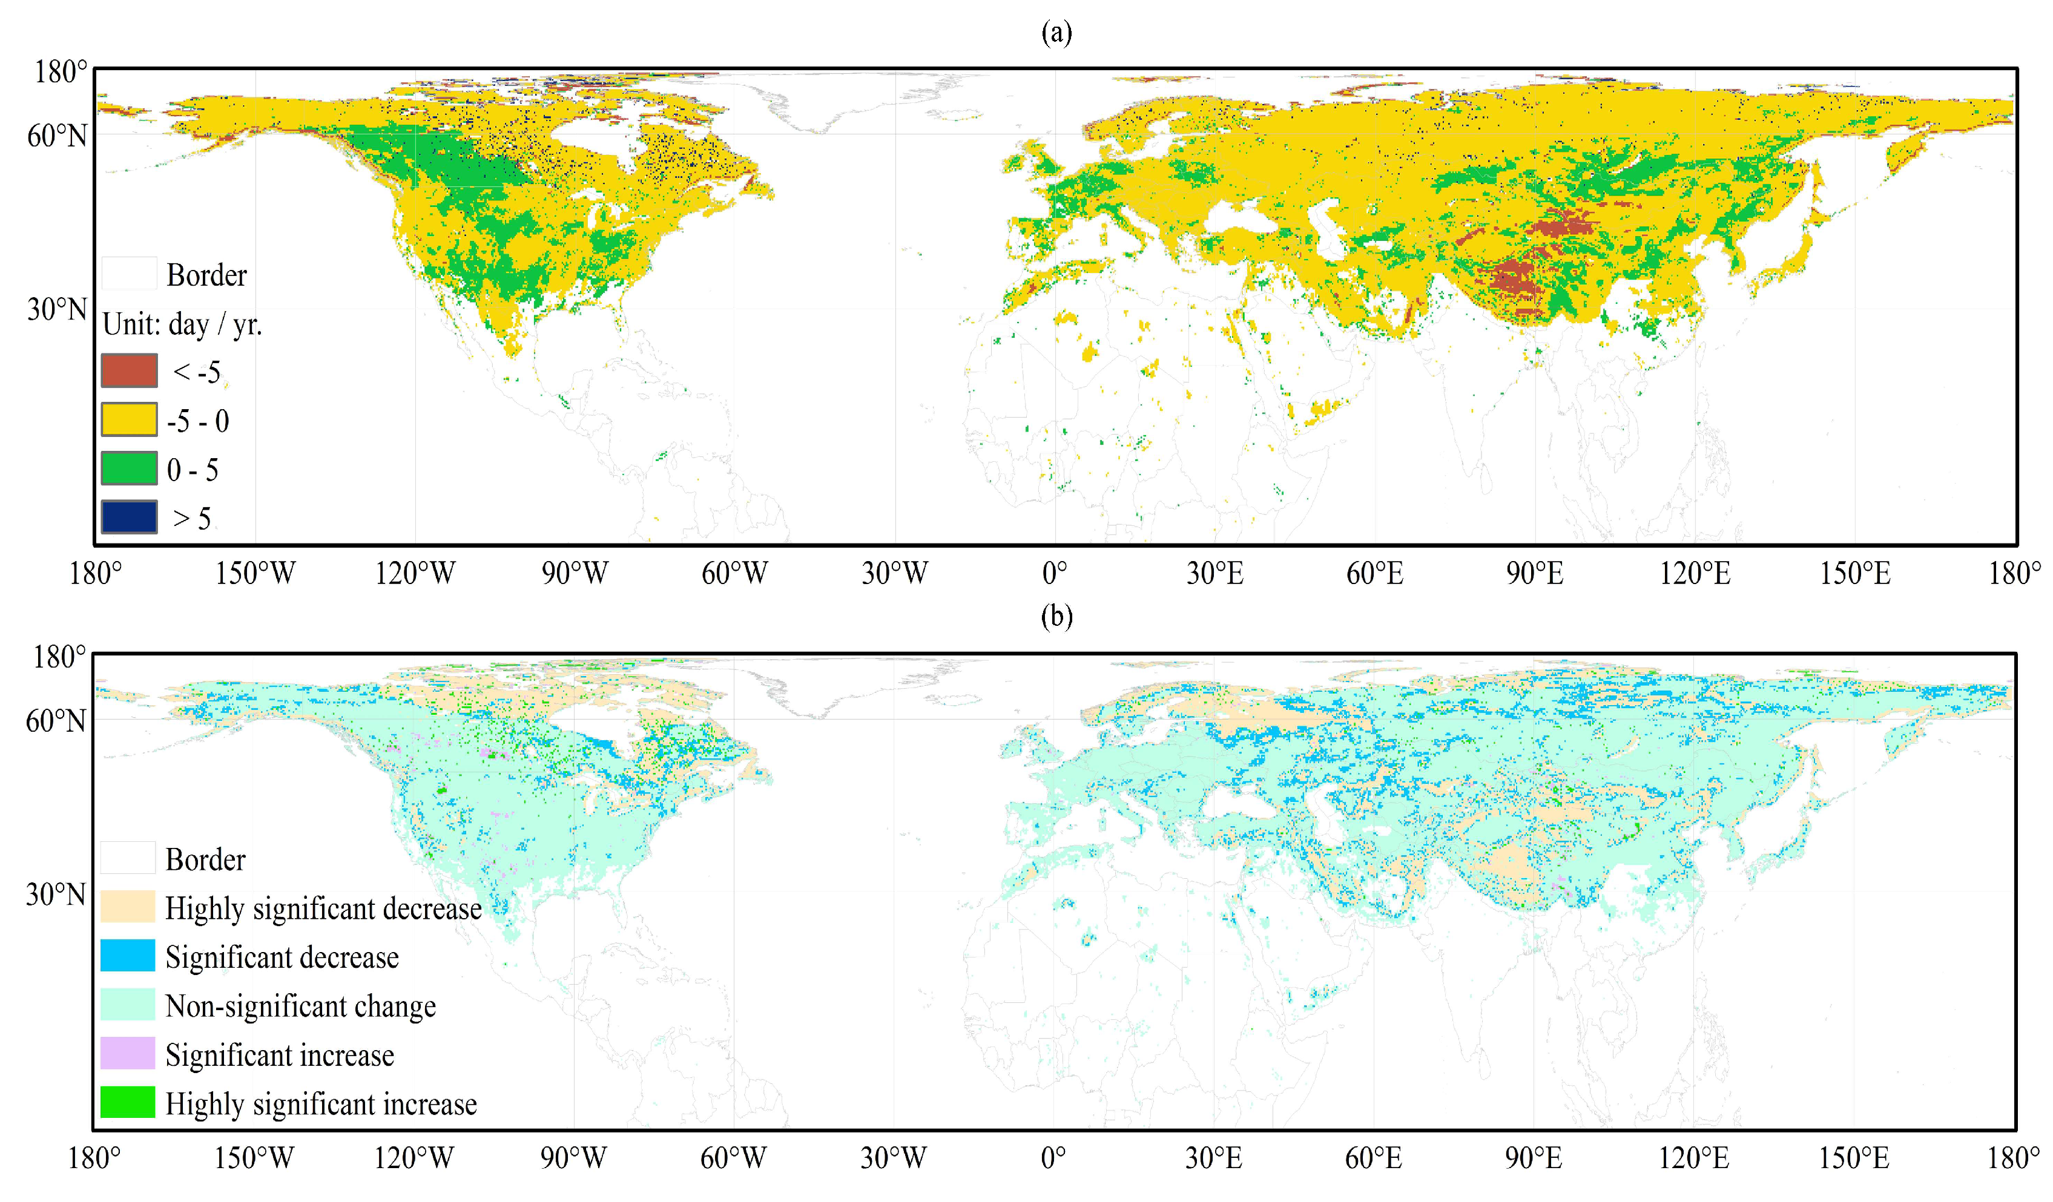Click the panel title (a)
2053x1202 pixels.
[1056, 33]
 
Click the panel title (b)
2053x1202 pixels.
[1056, 617]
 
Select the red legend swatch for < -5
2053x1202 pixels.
[129, 370]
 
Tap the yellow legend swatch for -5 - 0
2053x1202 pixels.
[129, 419]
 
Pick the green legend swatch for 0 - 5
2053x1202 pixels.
[129, 468]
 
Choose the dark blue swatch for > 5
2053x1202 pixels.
[129, 517]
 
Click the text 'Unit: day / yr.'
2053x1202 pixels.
[182, 324]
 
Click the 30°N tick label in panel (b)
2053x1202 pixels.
[56, 894]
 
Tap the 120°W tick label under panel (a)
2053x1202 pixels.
[415, 573]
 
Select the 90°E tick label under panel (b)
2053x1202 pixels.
[1533, 1157]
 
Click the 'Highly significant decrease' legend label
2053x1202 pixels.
[323, 908]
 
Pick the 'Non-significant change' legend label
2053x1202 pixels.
[300, 1006]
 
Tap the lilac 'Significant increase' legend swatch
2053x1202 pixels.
[127, 1053]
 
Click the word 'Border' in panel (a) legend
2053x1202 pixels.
[206, 275]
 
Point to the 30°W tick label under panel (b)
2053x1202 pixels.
[893, 1157]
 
